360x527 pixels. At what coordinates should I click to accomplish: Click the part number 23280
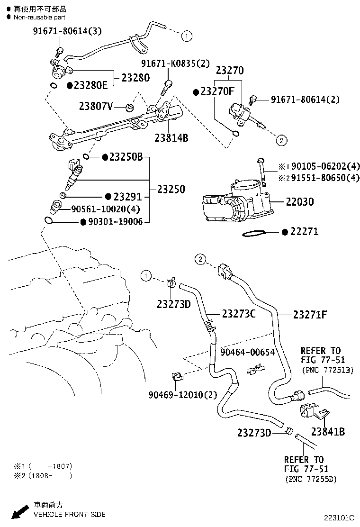135,78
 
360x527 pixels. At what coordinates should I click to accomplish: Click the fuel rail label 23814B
171,138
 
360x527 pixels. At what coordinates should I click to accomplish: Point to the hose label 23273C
239,314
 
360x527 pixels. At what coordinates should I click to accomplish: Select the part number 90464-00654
247,352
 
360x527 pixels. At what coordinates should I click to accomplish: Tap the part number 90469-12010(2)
176,395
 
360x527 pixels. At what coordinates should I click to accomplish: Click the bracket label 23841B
328,431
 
